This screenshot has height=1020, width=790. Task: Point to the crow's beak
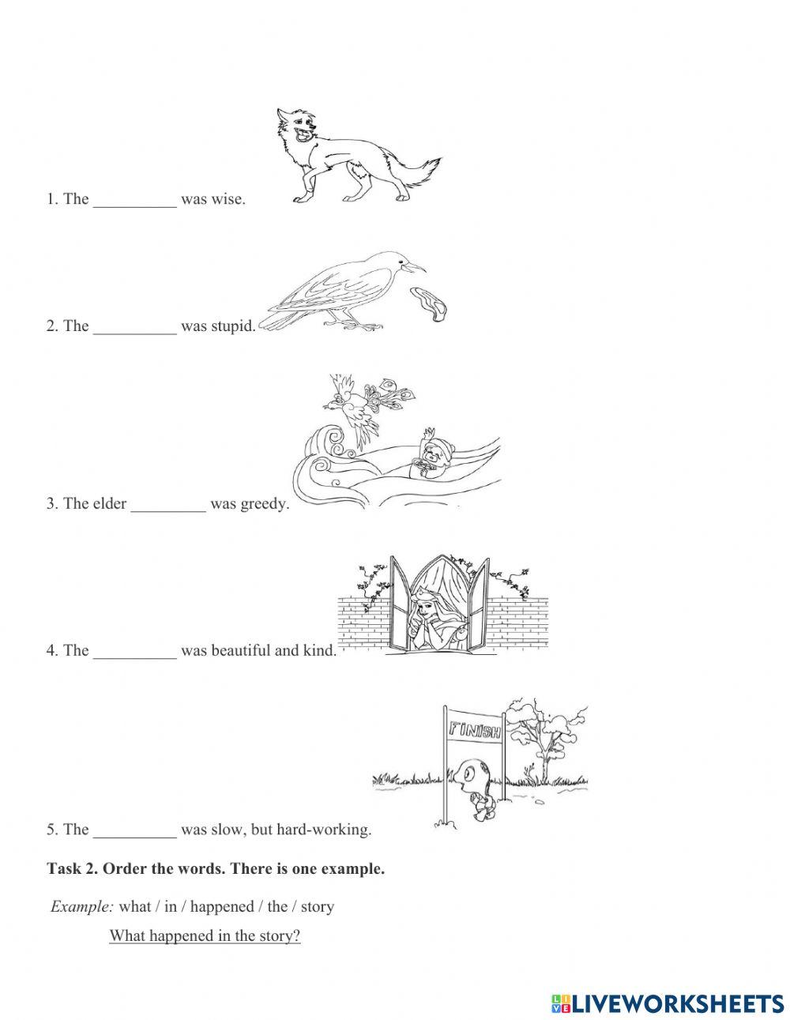pos(415,266)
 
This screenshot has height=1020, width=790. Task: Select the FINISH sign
pos(475,729)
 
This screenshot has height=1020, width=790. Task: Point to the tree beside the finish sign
pos(545,735)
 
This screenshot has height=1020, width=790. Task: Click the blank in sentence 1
pos(135,200)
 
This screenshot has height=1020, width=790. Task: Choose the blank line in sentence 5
pos(135,830)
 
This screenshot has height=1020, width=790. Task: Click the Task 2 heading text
pos(216,869)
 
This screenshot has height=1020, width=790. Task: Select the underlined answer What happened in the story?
pos(205,936)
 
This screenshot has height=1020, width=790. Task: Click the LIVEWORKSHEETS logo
pos(668,982)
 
